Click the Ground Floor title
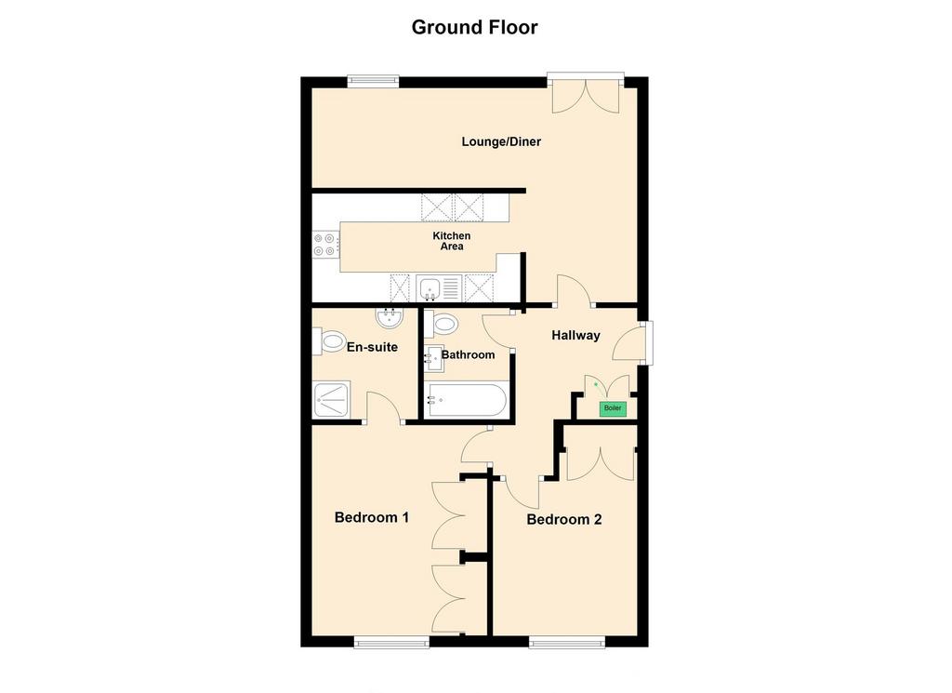pyautogui.click(x=474, y=27)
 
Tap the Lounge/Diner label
pyautogui.click(x=501, y=141)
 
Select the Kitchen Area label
pyautogui.click(x=452, y=241)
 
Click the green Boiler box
pyautogui.click(x=613, y=408)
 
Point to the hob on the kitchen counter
pyautogui.click(x=326, y=244)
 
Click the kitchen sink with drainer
pyautogui.click(x=439, y=287)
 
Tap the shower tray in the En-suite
pyautogui.click(x=332, y=399)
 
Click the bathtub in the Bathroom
pyautogui.click(x=467, y=400)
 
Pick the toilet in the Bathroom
pyautogui.click(x=441, y=324)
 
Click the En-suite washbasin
pyautogui.click(x=390, y=317)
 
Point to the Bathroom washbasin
pyautogui.click(x=433, y=358)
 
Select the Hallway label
pyautogui.click(x=575, y=335)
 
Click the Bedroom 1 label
pyautogui.click(x=372, y=517)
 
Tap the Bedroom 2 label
pyautogui.click(x=564, y=519)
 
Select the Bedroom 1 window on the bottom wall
pyautogui.click(x=391, y=642)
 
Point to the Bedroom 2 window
pyautogui.click(x=566, y=642)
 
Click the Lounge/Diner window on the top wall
pyautogui.click(x=374, y=81)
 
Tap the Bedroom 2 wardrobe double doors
pyautogui.click(x=601, y=464)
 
